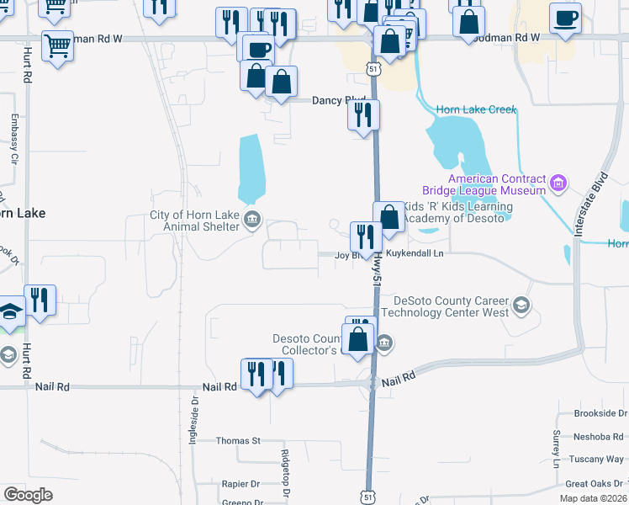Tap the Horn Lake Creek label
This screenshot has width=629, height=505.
475,109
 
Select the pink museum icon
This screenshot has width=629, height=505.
557,183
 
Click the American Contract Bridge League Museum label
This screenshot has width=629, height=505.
496,184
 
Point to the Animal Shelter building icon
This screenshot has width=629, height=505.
251,221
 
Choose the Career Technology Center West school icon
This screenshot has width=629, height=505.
522,305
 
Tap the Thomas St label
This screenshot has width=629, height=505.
239,440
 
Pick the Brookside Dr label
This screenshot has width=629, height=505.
600,413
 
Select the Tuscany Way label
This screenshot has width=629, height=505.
596,460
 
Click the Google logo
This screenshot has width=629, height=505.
29,495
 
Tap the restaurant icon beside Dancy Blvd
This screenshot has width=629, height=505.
364,115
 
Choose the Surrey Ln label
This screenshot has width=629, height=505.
557,450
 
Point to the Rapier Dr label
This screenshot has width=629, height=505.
240,484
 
